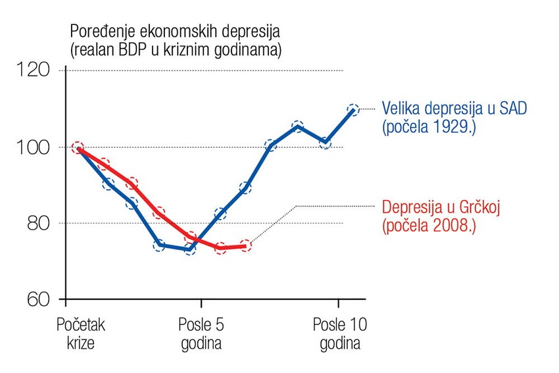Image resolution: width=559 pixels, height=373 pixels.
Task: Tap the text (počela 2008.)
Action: (x=428, y=226)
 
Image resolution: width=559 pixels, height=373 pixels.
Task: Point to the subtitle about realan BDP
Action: (x=175, y=50)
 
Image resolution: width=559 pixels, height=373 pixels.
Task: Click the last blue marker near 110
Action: (x=353, y=110)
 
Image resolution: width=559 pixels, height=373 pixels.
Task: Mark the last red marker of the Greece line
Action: (x=245, y=246)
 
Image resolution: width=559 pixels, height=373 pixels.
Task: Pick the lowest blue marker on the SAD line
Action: (x=189, y=249)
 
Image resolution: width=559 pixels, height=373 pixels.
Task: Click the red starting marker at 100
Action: (x=78, y=147)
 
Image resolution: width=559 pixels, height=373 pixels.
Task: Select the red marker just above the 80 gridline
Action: (x=159, y=213)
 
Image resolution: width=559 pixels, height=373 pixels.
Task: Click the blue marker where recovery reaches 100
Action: (x=270, y=146)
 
